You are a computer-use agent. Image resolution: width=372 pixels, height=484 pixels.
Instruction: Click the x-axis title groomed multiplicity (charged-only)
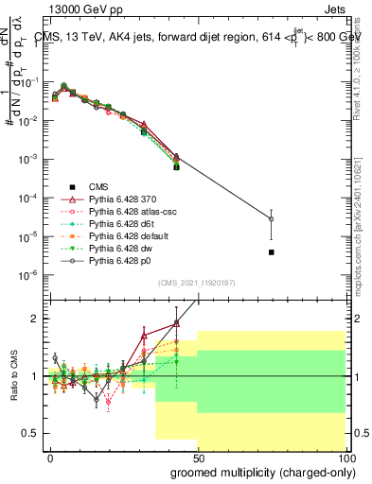(258, 471)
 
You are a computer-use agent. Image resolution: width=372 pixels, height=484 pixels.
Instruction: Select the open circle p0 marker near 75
(271, 218)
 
